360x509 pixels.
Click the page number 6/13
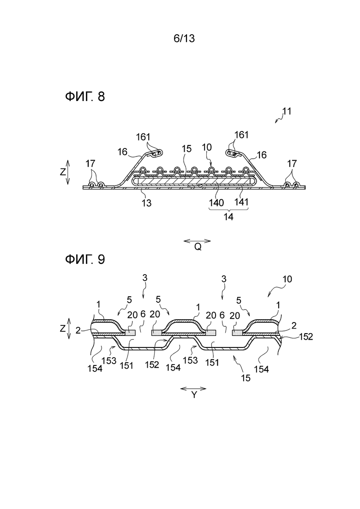pos(184,38)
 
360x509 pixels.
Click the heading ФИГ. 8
pos(85,96)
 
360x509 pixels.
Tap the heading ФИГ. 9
pos(85,259)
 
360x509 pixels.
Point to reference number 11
pos(287,111)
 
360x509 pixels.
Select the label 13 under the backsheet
pos(147,203)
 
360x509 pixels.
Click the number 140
pos(216,203)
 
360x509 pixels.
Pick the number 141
pos(241,202)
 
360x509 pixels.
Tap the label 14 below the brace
pos(228,216)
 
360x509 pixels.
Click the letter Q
pos(198,247)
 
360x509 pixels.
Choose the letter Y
pos(193,395)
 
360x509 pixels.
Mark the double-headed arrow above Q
pos(198,241)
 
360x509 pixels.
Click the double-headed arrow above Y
pos(193,389)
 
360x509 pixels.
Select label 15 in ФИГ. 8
pos(186,149)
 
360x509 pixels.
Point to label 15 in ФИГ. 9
pos(246,378)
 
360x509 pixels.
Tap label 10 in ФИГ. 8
pos(206,147)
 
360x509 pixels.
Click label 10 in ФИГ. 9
pos(287,279)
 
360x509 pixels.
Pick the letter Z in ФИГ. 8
pos(63,172)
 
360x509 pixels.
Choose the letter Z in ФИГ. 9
pos(63,329)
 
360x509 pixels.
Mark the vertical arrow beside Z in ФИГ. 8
pos(67,172)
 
